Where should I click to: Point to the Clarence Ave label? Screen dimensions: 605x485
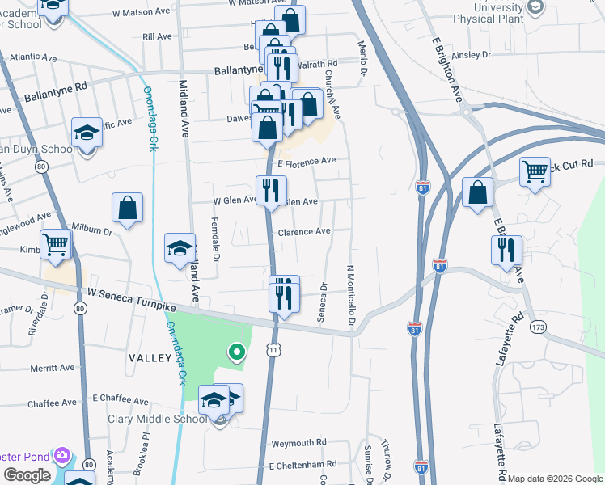pyautogui.click(x=304, y=232)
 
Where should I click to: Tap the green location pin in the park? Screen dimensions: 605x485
pyautogui.click(x=236, y=352)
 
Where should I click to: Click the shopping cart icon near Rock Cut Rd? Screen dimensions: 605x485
pyautogui.click(x=535, y=171)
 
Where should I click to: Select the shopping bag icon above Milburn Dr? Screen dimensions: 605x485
pyautogui.click(x=128, y=209)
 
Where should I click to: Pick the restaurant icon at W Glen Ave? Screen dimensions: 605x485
pyautogui.click(x=271, y=191)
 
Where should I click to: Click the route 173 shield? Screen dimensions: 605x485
pyautogui.click(x=538, y=327)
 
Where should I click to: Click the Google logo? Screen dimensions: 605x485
pyautogui.click(x=27, y=475)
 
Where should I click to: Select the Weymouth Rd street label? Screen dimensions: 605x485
pyautogui.click(x=298, y=443)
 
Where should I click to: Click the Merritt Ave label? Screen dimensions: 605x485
pyautogui.click(x=52, y=368)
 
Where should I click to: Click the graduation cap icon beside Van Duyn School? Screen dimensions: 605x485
pyautogui.click(x=87, y=132)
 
